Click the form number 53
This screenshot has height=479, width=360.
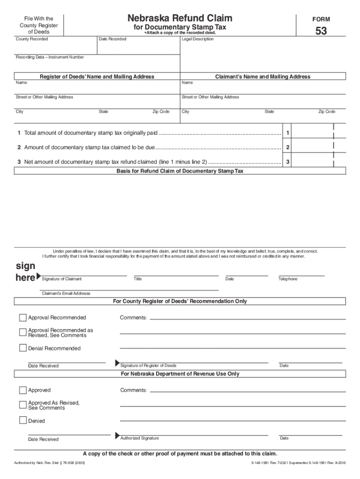click(321, 31)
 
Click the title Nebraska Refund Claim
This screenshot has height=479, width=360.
click(180, 18)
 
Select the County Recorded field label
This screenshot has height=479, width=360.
click(32, 39)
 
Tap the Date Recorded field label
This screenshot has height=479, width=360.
click(112, 39)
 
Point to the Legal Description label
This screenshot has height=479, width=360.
click(198, 39)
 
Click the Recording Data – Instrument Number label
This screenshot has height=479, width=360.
click(50, 57)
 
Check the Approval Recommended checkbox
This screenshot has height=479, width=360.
click(23, 318)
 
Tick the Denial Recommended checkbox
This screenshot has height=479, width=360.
click(23, 348)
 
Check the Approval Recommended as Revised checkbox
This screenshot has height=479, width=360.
click(23, 333)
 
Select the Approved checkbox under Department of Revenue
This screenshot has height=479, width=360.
click(23, 390)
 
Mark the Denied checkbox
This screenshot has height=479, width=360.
click(23, 421)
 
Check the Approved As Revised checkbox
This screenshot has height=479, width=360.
click(23, 405)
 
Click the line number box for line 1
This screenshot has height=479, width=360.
click(288, 133)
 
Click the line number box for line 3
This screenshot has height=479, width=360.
click(288, 162)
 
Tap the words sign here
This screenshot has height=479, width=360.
click(25, 272)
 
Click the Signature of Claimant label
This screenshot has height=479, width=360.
click(62, 279)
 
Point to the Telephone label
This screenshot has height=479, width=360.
click(288, 279)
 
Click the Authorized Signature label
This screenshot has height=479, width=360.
click(139, 438)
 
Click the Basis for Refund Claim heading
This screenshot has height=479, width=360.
click(180, 171)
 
